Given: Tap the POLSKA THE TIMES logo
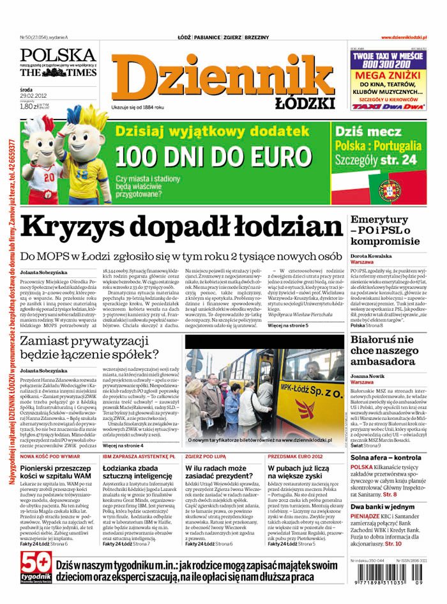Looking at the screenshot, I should (57, 62).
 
